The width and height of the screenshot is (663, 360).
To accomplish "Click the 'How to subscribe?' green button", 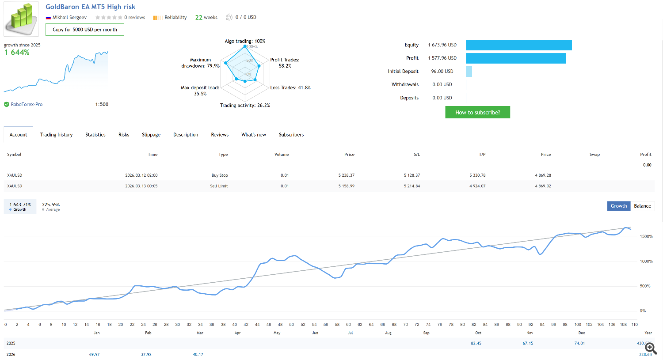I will click(x=477, y=112).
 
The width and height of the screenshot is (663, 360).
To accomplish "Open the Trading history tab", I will click(x=56, y=135).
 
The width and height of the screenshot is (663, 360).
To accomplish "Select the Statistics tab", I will click(x=95, y=135).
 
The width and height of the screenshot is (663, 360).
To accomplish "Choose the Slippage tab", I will click(x=151, y=135).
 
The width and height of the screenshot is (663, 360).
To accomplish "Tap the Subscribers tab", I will click(x=291, y=135).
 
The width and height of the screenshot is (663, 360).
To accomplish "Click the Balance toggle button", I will click(x=642, y=206).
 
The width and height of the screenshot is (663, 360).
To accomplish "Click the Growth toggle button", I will click(x=618, y=206).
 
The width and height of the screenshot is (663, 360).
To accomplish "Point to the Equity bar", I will click(x=518, y=45).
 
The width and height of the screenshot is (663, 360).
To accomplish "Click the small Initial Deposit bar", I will click(x=469, y=72).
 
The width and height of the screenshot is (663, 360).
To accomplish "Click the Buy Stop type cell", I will click(x=220, y=175).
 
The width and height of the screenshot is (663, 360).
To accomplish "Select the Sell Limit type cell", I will click(x=219, y=186).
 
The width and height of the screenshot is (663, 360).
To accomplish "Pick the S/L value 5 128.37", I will click(x=412, y=175).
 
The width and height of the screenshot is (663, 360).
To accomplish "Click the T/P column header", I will click(x=482, y=155).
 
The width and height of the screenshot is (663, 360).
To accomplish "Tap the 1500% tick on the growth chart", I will click(x=646, y=236).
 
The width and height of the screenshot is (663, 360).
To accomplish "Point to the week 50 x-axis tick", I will click(x=291, y=324).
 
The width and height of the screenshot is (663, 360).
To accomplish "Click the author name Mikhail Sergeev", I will click(x=69, y=18).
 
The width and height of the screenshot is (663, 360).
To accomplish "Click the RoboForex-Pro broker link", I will click(x=27, y=105).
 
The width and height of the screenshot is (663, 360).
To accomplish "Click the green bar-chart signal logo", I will click(x=21, y=19).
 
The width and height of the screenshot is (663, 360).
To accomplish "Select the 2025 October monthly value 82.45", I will click(x=476, y=343).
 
